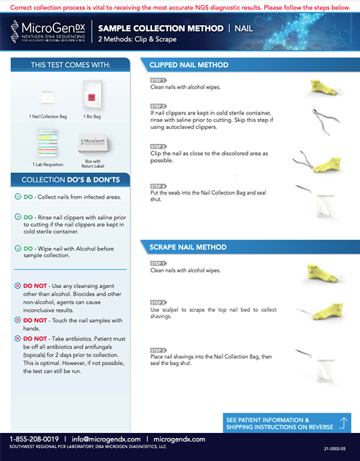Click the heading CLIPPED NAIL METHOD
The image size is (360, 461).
[x=188, y=64]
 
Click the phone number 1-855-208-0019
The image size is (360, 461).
[x=34, y=439]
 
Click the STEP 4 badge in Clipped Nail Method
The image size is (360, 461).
[x=158, y=186]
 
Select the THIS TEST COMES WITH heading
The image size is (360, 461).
[x=70, y=65]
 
